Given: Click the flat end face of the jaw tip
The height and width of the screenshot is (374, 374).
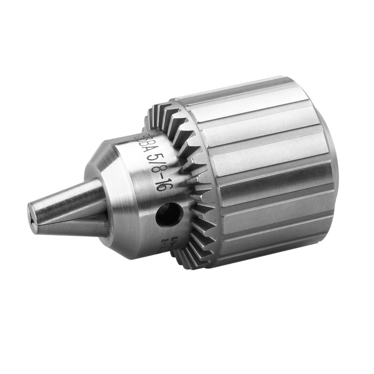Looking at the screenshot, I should [33, 217].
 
